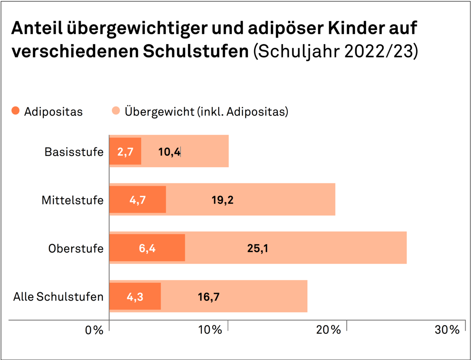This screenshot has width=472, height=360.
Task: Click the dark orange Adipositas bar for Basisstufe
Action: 125,151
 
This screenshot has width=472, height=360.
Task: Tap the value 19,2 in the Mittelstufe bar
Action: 223,200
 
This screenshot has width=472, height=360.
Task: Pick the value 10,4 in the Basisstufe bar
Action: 169,152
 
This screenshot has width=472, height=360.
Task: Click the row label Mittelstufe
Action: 72,200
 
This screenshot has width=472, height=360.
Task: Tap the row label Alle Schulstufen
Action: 58,296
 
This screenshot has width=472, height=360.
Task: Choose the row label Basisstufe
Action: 74,152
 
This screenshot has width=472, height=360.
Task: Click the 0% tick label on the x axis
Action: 94,330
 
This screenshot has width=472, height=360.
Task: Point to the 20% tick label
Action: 328,330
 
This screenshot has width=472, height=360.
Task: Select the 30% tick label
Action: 447,330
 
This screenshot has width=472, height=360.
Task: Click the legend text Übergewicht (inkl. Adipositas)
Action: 206,112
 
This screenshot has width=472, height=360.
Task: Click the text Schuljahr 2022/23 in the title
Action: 335,53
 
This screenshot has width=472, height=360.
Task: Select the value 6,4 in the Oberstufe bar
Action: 147,248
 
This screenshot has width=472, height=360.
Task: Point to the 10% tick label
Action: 210,330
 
